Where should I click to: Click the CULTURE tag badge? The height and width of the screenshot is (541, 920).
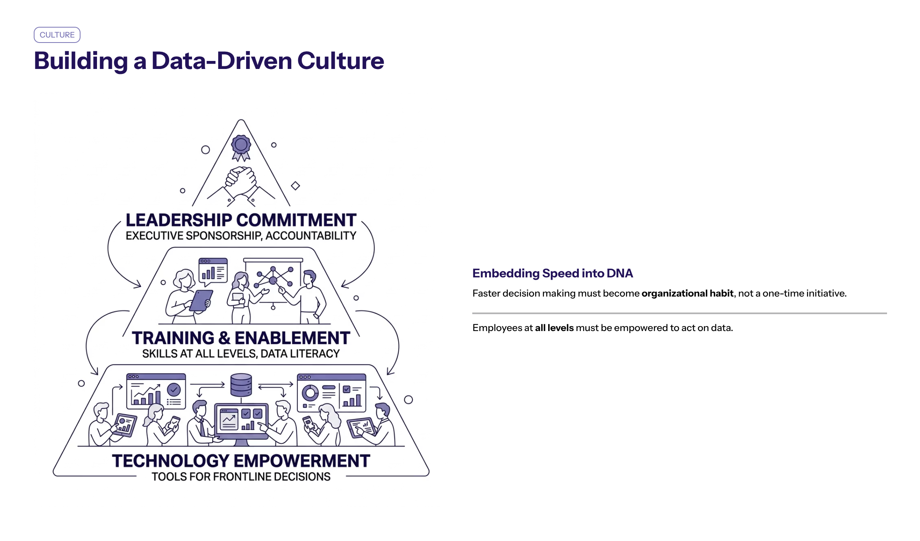pos(57,35)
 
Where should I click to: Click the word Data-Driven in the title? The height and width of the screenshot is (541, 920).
pos(222,61)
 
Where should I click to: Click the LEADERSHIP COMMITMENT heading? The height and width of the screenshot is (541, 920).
pos(241,220)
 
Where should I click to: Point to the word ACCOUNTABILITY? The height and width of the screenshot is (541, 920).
pos(311,236)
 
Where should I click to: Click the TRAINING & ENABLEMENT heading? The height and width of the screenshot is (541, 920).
pos(241,338)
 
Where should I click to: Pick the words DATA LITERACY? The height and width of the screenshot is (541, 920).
pos(300,354)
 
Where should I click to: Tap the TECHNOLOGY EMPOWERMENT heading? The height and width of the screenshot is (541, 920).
pos(241,461)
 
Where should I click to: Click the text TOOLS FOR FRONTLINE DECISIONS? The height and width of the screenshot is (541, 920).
pos(241,477)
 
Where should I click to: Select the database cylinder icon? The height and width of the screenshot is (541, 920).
pos(241,385)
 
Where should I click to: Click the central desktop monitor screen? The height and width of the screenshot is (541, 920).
pos(241,420)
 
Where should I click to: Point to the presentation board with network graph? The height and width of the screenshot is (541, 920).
pos(273,280)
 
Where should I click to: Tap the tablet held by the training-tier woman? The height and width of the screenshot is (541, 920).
pos(201,300)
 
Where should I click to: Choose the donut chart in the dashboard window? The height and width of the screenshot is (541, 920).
pos(310,392)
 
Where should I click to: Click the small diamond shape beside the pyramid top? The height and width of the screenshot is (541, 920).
pos(295,186)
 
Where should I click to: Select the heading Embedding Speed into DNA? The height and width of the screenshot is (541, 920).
pos(552,273)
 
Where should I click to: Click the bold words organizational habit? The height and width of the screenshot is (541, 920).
pos(687,293)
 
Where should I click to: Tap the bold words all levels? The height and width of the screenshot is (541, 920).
pos(554,328)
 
